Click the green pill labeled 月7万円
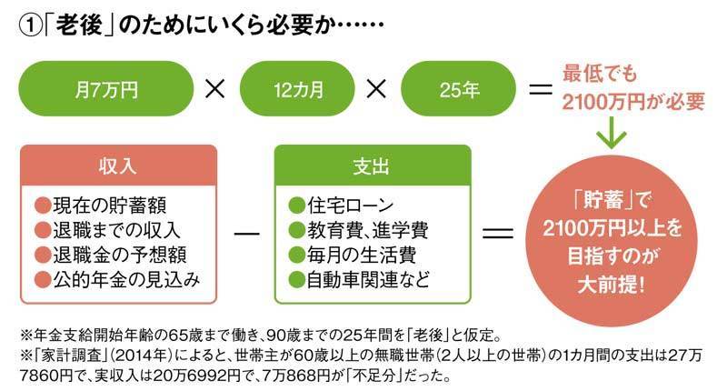106,92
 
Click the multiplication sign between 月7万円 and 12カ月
214,92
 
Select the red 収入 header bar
119,167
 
